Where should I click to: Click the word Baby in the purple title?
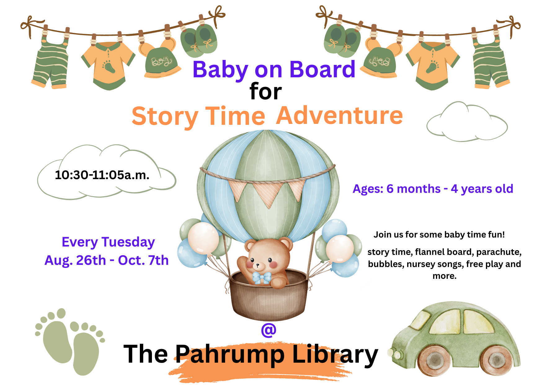tap(220, 70)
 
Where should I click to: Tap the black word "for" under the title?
tap(265, 92)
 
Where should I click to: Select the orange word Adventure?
tap(340, 115)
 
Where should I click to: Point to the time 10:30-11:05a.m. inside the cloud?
tap(102, 175)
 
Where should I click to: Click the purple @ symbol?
tap(269, 330)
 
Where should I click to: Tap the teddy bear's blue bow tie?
tap(261, 278)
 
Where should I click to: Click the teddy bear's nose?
tap(257, 266)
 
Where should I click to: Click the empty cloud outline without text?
tap(467, 123)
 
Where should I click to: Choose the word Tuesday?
tap(128, 242)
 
